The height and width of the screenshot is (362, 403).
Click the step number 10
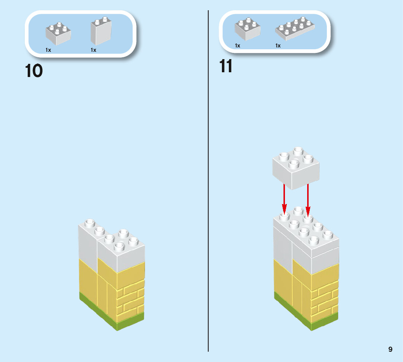[34, 71]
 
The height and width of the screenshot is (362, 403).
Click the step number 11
[226, 66]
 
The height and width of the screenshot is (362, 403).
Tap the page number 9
[390, 349]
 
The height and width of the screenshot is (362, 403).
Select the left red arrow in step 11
[285, 199]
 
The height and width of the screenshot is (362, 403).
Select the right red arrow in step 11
[308, 199]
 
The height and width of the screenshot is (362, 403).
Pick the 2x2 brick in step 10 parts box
[58, 33]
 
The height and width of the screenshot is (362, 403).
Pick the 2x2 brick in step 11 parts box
[248, 29]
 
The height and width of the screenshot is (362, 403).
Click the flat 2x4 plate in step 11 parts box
[296, 29]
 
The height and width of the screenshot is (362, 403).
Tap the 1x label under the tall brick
[93, 50]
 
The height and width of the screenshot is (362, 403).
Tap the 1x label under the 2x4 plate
[278, 46]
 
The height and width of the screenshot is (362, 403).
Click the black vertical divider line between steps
[208, 182]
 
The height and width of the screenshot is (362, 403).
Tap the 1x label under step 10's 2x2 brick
[48, 50]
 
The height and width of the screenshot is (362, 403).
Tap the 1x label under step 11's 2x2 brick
[238, 46]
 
